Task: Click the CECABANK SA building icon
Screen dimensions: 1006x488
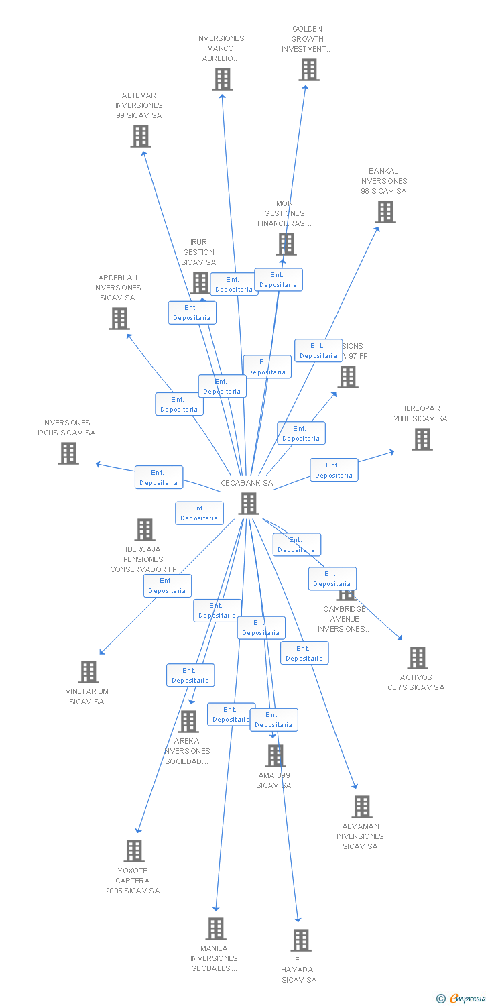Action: [249, 504]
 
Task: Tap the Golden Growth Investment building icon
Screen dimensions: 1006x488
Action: [309, 70]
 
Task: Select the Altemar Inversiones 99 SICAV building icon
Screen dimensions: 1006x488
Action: [140, 136]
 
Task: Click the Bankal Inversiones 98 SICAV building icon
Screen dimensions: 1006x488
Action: [385, 212]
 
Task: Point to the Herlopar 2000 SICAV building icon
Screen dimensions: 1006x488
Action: [422, 439]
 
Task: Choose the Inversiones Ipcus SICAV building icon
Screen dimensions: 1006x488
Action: [68, 453]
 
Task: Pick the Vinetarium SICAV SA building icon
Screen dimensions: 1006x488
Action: [88, 672]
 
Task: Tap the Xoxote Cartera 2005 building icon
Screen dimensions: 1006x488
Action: [134, 851]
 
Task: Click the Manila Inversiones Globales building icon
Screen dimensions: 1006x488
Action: [215, 929]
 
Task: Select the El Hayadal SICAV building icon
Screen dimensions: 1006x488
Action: [301, 940]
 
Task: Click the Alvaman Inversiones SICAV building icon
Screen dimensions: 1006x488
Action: [361, 807]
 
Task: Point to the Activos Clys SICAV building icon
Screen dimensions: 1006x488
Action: [417, 658]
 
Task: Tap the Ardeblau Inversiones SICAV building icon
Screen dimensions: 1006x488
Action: [119, 319]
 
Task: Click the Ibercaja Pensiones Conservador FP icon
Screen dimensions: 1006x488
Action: [144, 530]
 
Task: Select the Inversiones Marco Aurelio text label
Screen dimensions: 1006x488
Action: [221, 48]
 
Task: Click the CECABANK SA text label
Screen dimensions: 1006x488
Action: [247, 483]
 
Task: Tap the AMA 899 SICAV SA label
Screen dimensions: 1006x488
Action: [273, 780]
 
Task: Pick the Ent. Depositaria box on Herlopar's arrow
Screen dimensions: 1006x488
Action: [334, 470]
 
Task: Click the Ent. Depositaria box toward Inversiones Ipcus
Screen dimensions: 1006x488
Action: [159, 478]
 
